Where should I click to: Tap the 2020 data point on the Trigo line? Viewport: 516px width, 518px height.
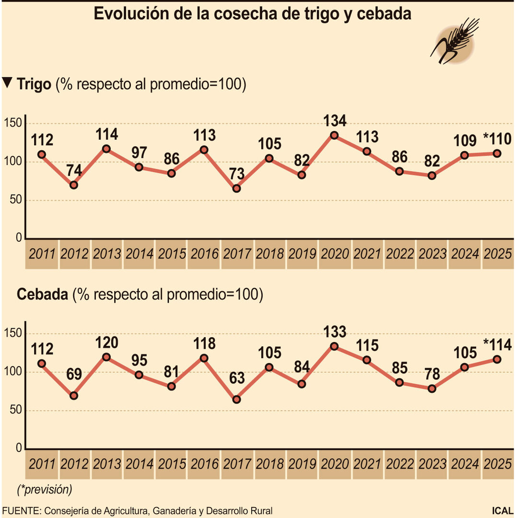click(334, 135)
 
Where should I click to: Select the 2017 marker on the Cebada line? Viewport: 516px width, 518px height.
click(236, 400)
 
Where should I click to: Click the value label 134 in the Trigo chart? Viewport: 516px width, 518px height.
click(334, 120)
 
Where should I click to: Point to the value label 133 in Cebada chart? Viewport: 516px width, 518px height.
click(334, 331)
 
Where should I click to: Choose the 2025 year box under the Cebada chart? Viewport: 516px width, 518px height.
click(498, 464)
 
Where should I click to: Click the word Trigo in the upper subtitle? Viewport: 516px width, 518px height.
click(34, 84)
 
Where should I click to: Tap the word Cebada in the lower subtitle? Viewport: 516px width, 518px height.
click(42, 294)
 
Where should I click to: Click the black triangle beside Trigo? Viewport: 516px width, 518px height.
click(7, 82)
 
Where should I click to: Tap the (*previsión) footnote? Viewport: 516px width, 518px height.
click(44, 490)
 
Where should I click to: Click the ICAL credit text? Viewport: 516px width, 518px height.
click(502, 511)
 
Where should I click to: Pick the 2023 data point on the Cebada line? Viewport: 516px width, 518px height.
click(432, 388)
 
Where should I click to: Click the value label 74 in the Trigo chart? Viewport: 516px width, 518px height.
click(73, 171)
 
